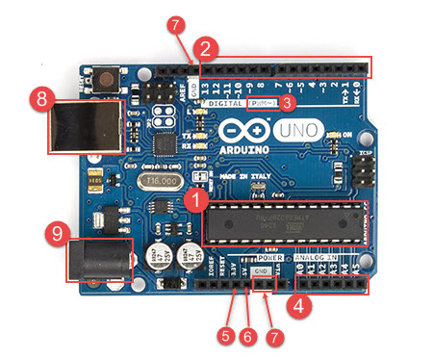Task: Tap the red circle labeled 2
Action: [206, 47]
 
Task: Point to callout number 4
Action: [301, 310]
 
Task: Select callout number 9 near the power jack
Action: [57, 232]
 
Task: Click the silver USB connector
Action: [84, 125]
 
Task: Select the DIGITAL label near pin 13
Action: [220, 101]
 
